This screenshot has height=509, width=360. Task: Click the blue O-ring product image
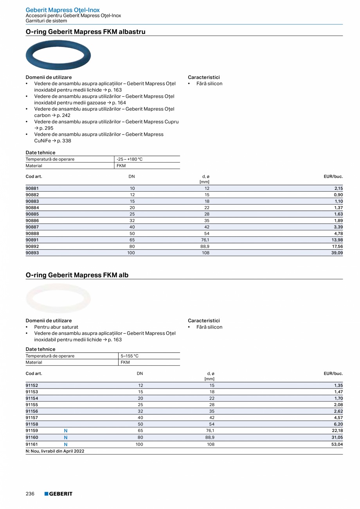click(58, 55)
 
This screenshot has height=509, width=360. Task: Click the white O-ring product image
click(58, 299)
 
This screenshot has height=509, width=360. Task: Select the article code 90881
click(32, 189)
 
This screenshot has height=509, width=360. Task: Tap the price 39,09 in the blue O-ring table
click(337, 253)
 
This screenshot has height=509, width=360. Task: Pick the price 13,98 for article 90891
click(337, 240)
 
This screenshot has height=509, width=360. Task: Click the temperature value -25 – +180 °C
click(130, 159)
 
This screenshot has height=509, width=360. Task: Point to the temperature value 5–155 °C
click(130, 356)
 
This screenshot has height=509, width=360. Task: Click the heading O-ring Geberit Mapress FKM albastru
click(85, 32)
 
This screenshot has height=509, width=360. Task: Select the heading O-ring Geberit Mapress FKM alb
click(77, 275)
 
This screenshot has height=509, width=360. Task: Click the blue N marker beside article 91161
click(66, 444)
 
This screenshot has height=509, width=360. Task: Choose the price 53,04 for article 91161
click(337, 444)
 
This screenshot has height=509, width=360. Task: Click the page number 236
click(30, 494)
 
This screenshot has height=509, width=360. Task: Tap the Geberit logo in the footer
click(58, 494)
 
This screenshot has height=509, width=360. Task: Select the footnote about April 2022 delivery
click(55, 451)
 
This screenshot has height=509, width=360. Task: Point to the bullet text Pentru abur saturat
click(56, 327)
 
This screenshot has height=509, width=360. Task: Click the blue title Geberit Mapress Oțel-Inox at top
click(63, 10)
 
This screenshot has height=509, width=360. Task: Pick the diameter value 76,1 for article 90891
click(204, 240)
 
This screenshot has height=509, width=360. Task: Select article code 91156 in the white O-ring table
click(32, 412)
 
